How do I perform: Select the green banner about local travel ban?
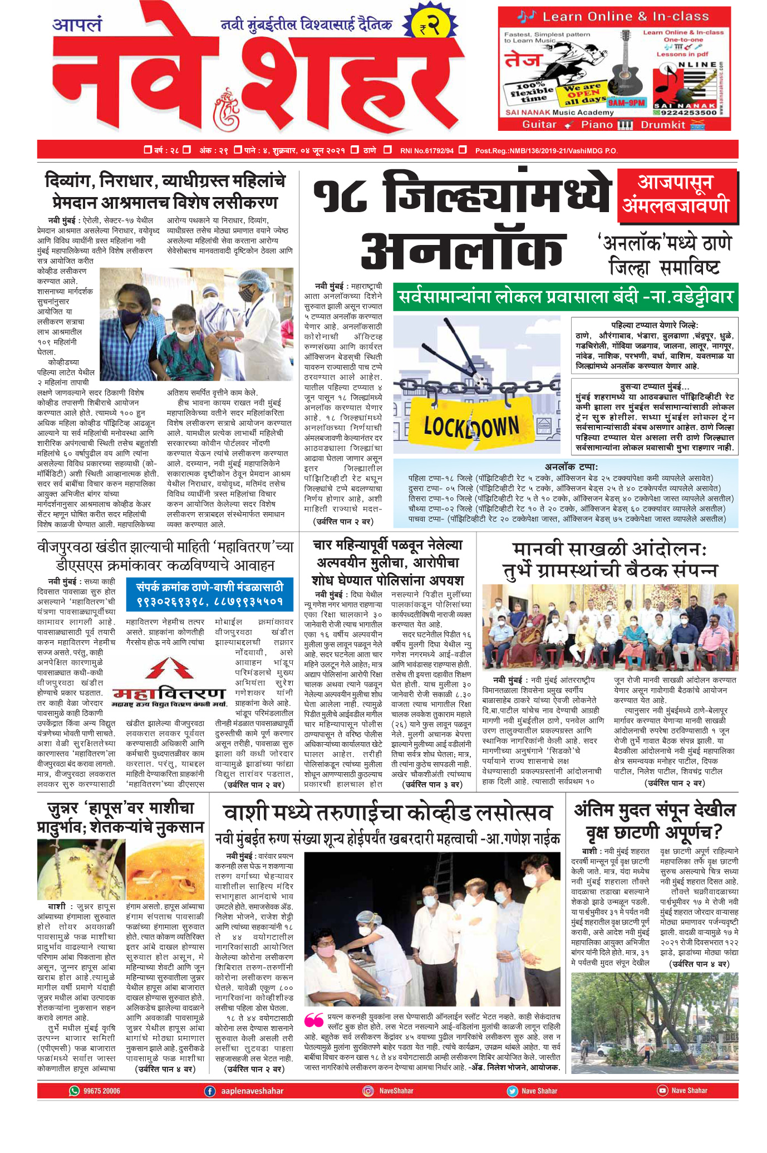click(566, 297)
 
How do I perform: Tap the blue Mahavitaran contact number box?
click(210, 593)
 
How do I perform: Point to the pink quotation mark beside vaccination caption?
click(314, 1019)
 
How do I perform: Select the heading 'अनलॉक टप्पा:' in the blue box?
click(571, 467)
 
